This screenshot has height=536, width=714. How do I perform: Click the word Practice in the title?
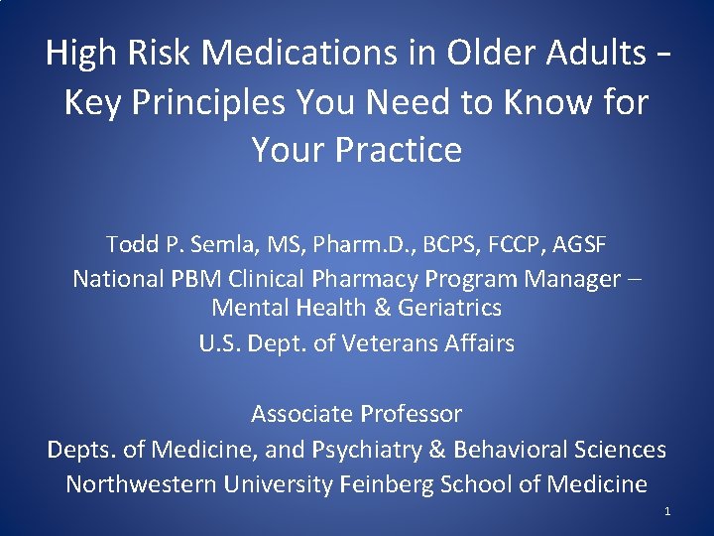point(399,150)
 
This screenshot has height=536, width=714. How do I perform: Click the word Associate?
point(301,413)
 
